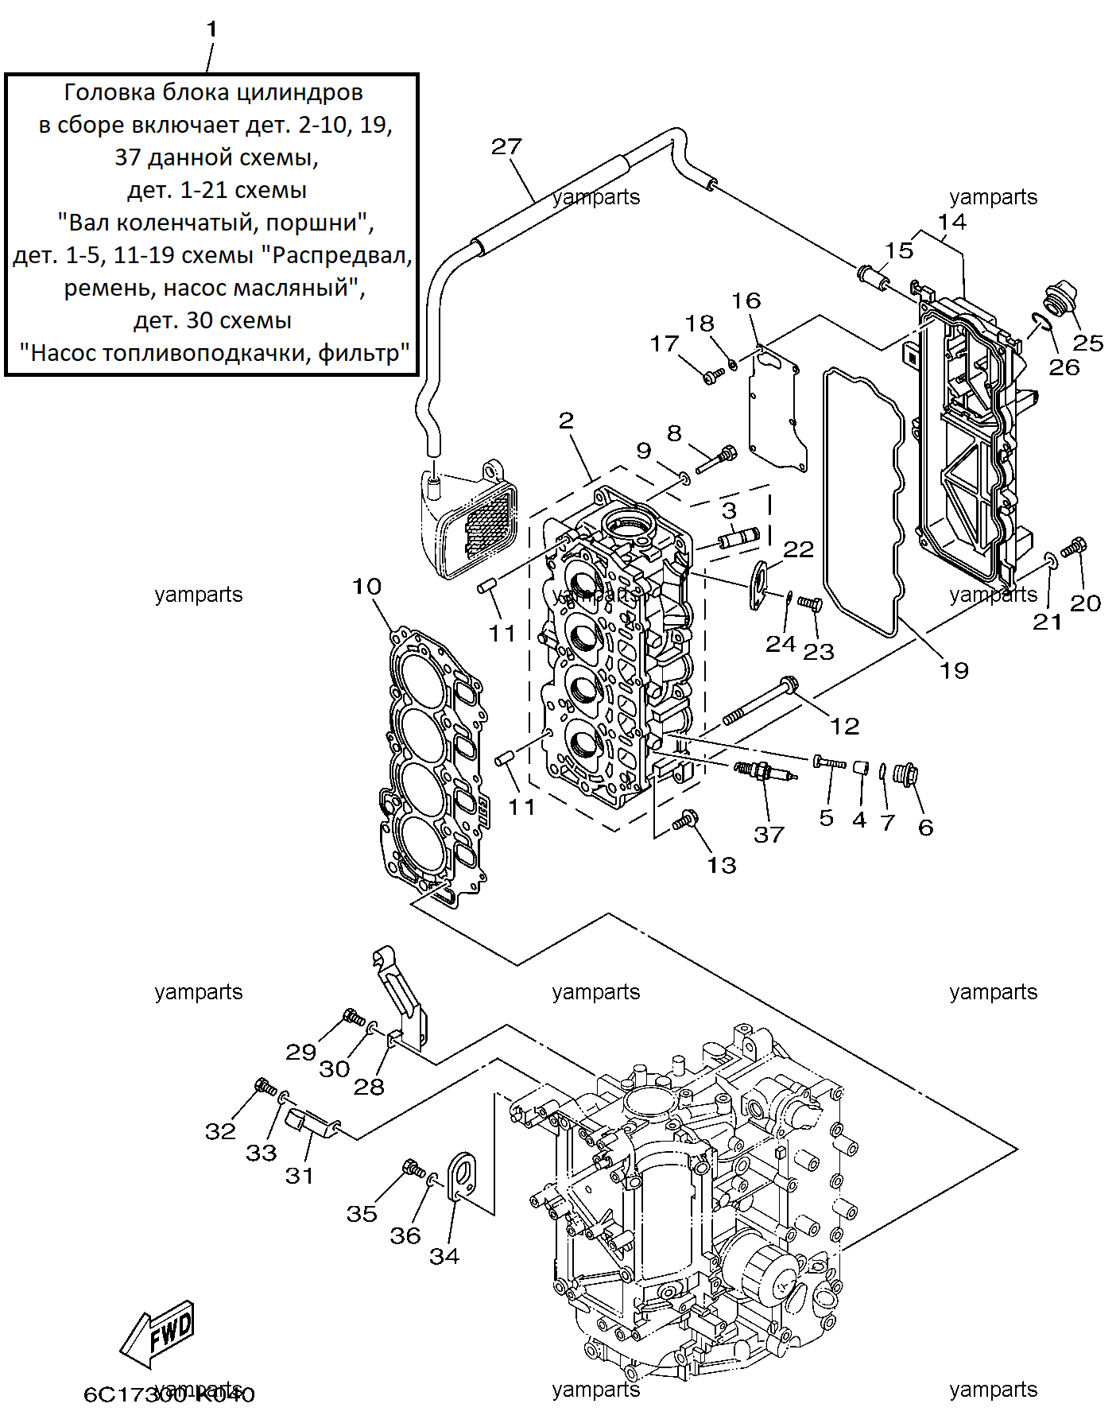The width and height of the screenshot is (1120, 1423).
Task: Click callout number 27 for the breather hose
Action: (x=506, y=147)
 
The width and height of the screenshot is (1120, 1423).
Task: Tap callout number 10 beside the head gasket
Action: (x=367, y=587)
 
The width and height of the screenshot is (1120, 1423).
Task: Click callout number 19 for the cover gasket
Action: (x=954, y=671)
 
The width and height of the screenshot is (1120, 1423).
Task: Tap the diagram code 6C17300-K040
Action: (x=169, y=1394)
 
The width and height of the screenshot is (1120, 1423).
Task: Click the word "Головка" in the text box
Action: (x=110, y=93)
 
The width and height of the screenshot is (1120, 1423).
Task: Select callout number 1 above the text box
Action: (x=211, y=29)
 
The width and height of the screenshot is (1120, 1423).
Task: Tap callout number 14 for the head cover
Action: (x=952, y=222)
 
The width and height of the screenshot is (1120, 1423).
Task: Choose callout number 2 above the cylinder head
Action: (x=566, y=421)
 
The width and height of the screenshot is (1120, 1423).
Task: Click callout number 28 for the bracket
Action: (x=369, y=1087)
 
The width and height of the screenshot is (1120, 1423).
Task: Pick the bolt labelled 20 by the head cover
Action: (x=1074, y=547)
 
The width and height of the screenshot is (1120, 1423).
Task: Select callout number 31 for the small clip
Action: (x=300, y=1176)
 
